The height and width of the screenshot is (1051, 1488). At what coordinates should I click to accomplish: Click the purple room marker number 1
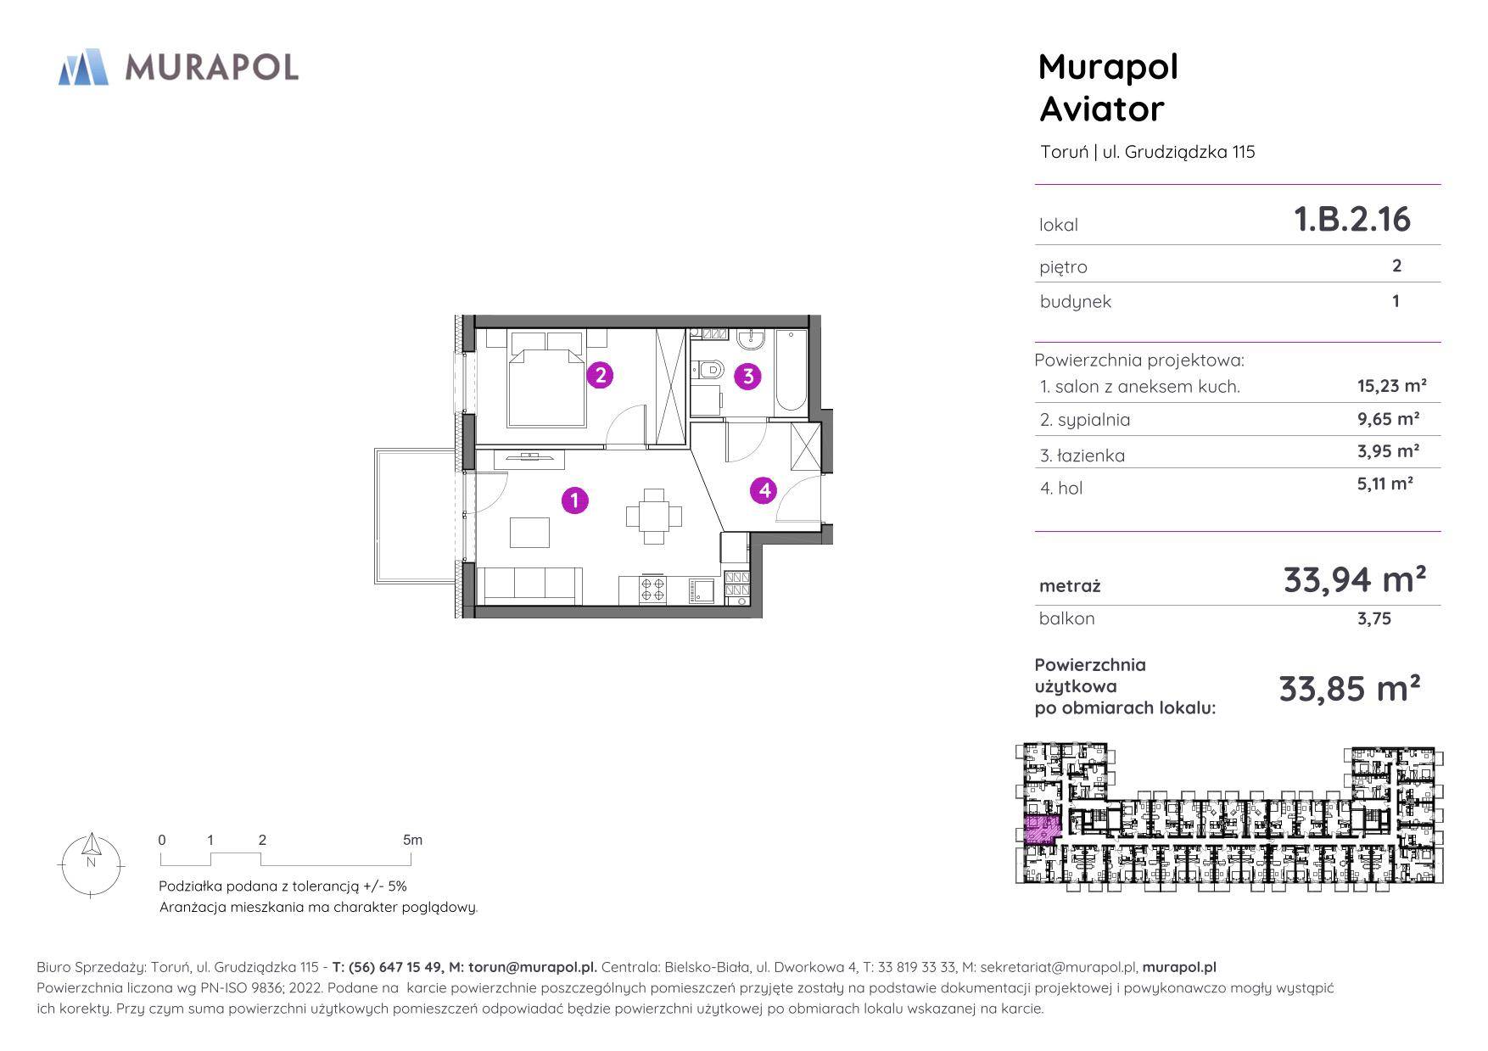574,500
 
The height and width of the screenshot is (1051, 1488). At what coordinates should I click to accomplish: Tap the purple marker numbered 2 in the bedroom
600,375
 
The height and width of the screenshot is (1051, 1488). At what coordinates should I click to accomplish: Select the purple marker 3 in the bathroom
747,376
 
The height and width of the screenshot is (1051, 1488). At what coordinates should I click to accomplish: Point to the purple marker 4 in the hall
764,489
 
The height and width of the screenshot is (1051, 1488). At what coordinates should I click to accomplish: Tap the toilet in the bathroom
708,369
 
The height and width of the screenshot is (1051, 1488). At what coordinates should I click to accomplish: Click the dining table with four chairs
654,516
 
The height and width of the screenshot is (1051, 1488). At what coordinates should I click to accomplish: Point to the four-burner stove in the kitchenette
652,589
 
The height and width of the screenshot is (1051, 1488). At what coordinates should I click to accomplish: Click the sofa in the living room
532,585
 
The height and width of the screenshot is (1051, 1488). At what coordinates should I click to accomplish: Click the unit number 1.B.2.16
1351,219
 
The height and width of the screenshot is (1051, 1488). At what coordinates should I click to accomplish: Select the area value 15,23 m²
1391,386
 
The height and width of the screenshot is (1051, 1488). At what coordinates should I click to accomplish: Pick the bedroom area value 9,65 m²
1388,418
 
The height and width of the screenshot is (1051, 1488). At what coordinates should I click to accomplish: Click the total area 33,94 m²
1354,579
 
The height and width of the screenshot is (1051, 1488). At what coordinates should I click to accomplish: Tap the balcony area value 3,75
1373,618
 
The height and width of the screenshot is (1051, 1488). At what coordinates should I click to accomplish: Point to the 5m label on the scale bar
412,840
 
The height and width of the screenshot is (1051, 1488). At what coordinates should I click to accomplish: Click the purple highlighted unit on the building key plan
1042,829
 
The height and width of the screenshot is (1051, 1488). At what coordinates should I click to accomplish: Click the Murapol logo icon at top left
83,67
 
